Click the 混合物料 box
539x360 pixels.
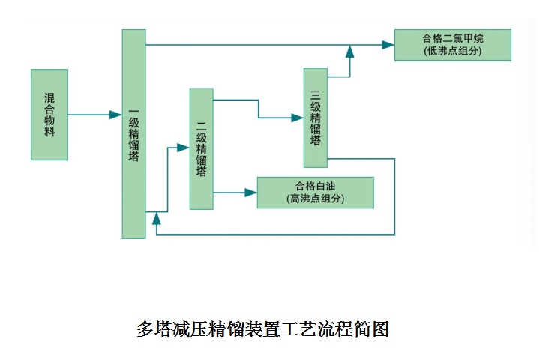[x=49, y=115]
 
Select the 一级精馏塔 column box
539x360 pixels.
[x=133, y=134]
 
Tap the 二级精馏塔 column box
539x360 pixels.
[x=201, y=148]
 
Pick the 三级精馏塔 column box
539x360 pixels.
[x=315, y=118]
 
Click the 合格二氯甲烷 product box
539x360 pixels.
[x=452, y=45]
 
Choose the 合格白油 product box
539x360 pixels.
[x=315, y=193]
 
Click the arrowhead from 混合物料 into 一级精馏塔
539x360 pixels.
[x=115, y=115]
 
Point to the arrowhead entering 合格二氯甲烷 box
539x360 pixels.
[x=388, y=45]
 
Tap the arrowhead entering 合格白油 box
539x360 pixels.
[x=250, y=193]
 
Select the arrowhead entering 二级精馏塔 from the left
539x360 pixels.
[x=183, y=148]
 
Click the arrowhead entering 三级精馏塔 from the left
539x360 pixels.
[x=297, y=118]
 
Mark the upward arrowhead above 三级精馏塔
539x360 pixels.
[x=349, y=50]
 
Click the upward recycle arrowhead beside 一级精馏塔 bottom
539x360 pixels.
[x=156, y=218]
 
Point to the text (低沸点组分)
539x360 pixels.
[x=452, y=52]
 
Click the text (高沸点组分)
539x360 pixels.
[x=315, y=199]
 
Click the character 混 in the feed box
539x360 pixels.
[x=49, y=97]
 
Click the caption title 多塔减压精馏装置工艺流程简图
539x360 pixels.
[x=262, y=328]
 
